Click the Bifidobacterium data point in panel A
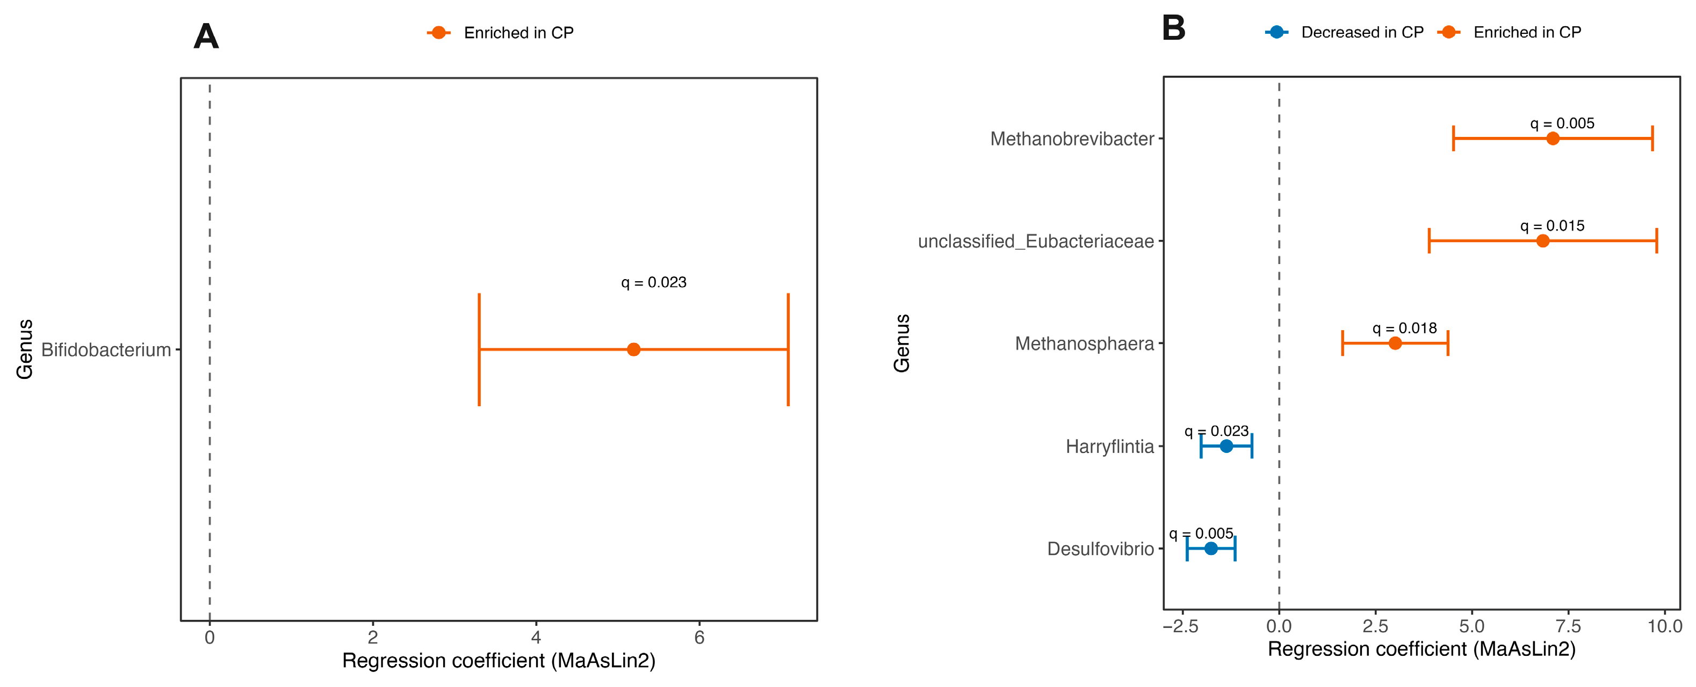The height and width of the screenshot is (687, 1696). (633, 349)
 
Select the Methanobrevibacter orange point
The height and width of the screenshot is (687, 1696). (1553, 138)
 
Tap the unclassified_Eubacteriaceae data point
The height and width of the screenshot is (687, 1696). (1542, 241)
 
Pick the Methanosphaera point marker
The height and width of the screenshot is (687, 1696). (1395, 343)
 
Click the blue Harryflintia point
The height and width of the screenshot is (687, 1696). (1226, 446)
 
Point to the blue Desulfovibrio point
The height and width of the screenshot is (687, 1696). (1211, 548)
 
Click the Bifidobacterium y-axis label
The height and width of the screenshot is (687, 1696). (106, 350)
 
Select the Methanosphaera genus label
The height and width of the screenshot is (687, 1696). (1084, 343)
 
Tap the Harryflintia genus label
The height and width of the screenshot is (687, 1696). (1110, 447)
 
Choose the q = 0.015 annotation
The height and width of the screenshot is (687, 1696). (1553, 226)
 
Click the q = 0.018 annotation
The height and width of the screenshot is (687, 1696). (1404, 328)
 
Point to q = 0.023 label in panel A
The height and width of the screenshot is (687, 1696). (654, 282)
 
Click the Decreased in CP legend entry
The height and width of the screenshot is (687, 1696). (1345, 32)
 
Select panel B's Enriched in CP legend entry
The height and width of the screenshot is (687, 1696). (1510, 32)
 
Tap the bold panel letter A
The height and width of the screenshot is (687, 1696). (206, 36)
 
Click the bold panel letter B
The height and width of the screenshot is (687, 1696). (1174, 28)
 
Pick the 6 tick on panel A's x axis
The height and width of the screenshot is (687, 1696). (699, 637)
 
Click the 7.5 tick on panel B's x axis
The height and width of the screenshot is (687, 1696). (1568, 626)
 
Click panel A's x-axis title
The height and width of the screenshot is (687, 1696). (499, 661)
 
